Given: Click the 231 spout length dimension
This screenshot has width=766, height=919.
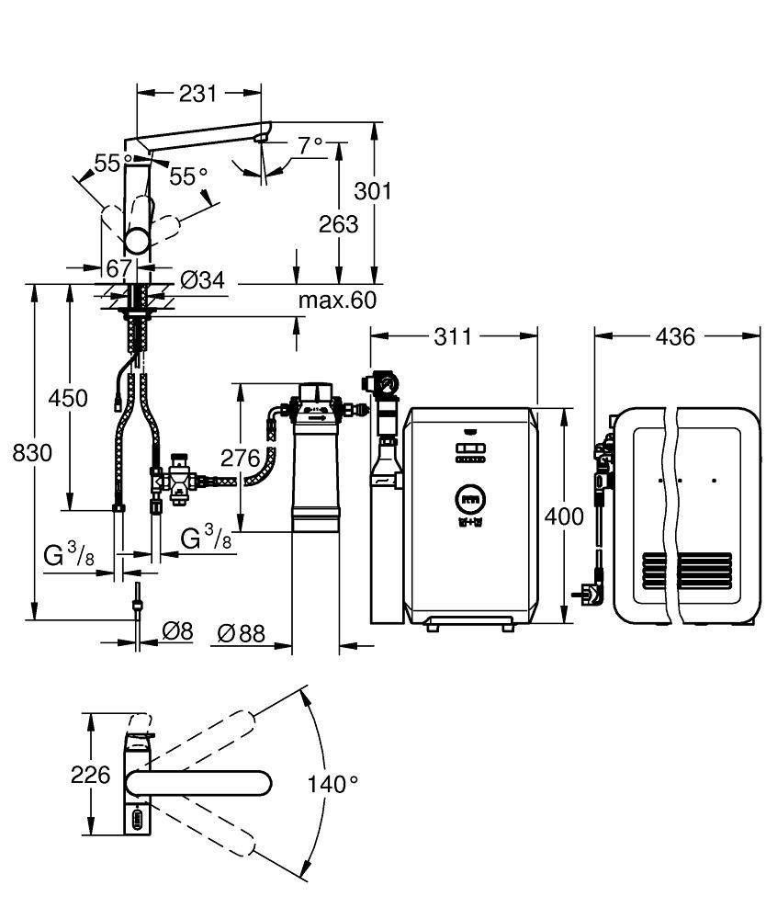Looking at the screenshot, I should pyautogui.click(x=197, y=93).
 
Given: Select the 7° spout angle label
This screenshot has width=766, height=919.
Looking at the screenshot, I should pyautogui.click(x=310, y=144).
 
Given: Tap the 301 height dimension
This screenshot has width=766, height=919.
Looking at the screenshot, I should pyautogui.click(x=374, y=191).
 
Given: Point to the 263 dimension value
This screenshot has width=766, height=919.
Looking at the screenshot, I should pyautogui.click(x=339, y=223).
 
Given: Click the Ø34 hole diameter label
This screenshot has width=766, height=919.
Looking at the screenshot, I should pyautogui.click(x=202, y=280).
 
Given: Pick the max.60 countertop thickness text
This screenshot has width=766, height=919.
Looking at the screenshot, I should pyautogui.click(x=337, y=300).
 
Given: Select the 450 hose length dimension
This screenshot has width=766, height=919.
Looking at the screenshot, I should pyautogui.click(x=70, y=399).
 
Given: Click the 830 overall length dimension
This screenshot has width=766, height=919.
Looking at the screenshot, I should pyautogui.click(x=33, y=452).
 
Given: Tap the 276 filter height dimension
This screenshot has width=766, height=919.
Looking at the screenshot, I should pyautogui.click(x=241, y=457).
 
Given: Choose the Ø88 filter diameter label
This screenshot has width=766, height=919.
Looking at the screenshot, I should pyautogui.click(x=242, y=632).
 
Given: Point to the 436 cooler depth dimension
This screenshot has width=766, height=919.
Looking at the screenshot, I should pyautogui.click(x=675, y=337).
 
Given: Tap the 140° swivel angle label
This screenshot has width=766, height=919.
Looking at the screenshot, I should pyautogui.click(x=333, y=784).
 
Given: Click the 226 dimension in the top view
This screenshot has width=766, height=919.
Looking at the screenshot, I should pyautogui.click(x=91, y=775).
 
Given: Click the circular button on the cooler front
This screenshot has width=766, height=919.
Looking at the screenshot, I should pyautogui.click(x=468, y=501).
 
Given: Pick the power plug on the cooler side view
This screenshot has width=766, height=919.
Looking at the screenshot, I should pyautogui.click(x=587, y=596).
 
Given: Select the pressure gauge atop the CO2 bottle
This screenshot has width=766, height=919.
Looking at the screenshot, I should pyautogui.click(x=384, y=380).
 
